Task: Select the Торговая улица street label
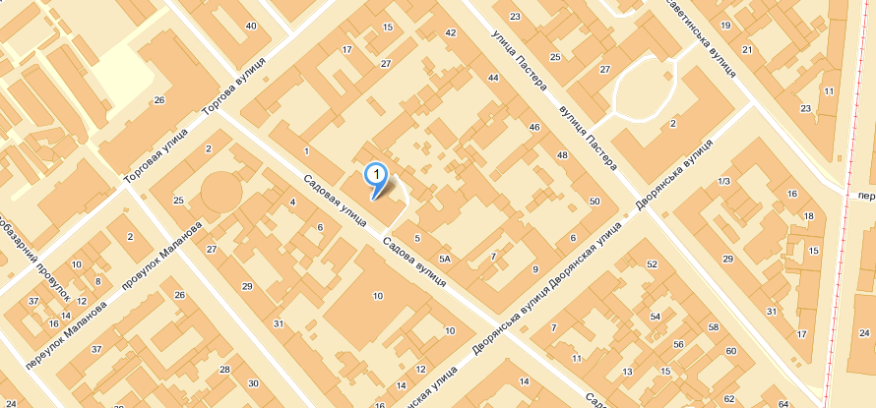click(155, 159)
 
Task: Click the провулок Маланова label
click(162, 255)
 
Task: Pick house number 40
click(251, 26)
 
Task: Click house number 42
click(451, 33)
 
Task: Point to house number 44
click(493, 77)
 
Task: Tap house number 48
click(562, 156)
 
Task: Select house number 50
click(594, 202)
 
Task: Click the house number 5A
click(445, 259)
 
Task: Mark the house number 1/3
click(724, 182)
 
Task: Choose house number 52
click(652, 264)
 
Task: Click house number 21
click(747, 49)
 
